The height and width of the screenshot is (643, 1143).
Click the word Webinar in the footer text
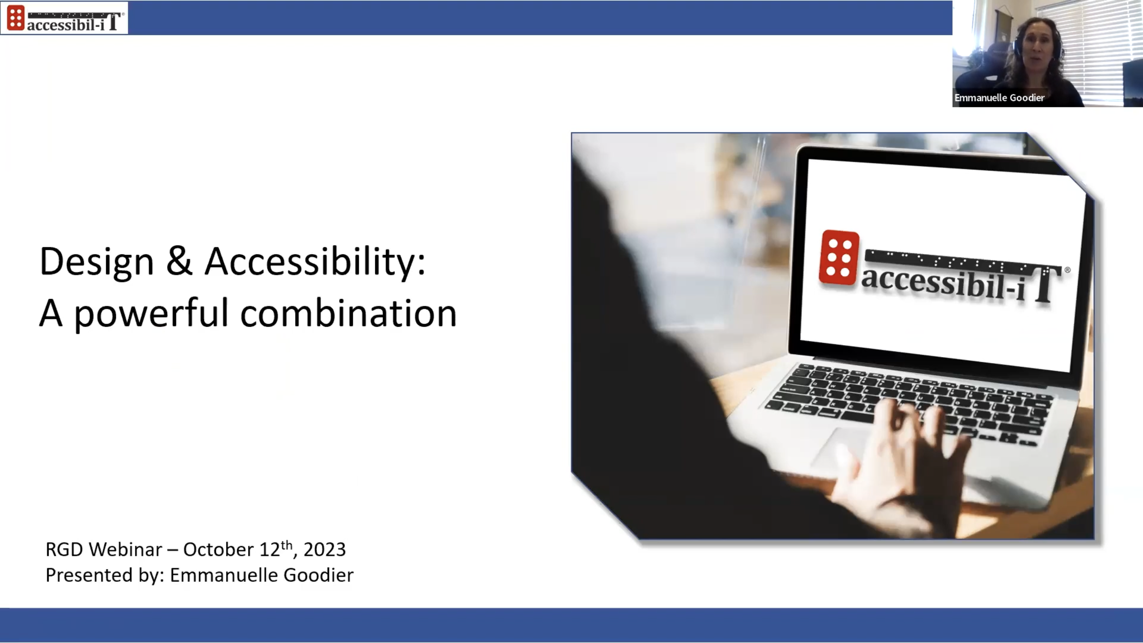125,549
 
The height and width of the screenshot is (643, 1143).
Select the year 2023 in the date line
324,549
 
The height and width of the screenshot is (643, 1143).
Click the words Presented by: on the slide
105,575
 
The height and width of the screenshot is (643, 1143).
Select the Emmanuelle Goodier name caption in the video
999,98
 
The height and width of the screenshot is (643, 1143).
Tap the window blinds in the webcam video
1100,40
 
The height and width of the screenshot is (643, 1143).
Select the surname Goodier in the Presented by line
318,575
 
